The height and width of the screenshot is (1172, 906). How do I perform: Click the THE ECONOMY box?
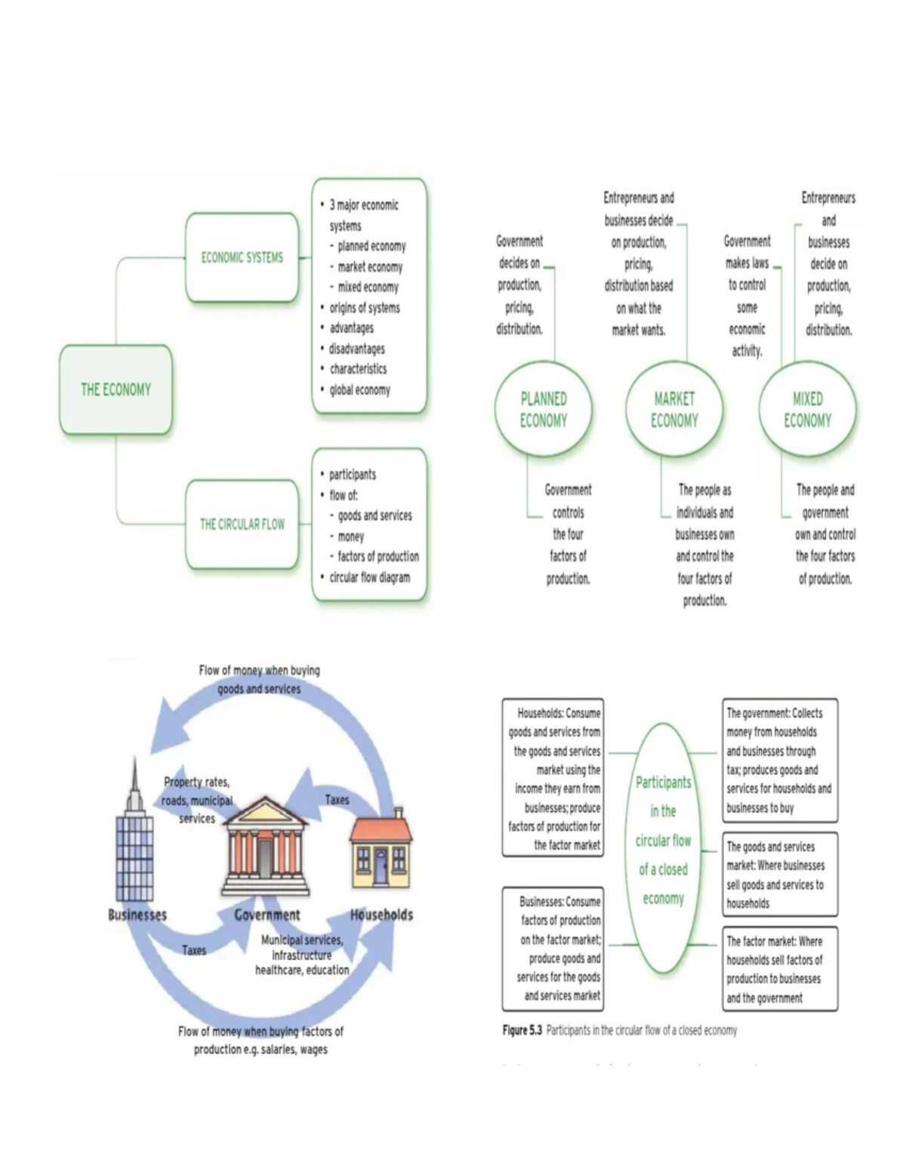pyautogui.click(x=116, y=389)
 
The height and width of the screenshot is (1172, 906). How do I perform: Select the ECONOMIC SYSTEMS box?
pyautogui.click(x=242, y=257)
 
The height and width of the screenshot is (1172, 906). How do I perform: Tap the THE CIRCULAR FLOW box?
pyautogui.click(x=242, y=524)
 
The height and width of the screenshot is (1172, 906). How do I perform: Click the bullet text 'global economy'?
pyautogui.click(x=359, y=390)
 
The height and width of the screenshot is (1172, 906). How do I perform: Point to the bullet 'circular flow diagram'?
pyautogui.click(x=369, y=577)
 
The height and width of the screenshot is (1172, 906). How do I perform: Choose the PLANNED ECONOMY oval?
pyautogui.click(x=543, y=410)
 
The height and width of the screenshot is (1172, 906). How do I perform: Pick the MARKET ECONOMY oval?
pyautogui.click(x=674, y=410)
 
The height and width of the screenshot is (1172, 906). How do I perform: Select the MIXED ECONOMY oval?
pyautogui.click(x=807, y=410)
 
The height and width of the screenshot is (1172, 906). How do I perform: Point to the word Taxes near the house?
pyautogui.click(x=337, y=800)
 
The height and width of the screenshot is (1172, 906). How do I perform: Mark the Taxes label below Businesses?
pyautogui.click(x=194, y=951)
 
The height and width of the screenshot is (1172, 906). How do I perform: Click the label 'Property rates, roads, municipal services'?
pyautogui.click(x=197, y=800)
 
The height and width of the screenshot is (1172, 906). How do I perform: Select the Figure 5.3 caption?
pyautogui.click(x=619, y=1030)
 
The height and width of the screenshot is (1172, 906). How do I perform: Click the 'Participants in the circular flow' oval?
pyautogui.click(x=663, y=841)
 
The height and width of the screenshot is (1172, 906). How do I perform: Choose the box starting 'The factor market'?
pyautogui.click(x=779, y=969)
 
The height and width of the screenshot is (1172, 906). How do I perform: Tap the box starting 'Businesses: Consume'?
pyautogui.click(x=553, y=949)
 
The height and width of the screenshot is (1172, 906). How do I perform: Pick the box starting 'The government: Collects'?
pyautogui.click(x=779, y=760)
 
